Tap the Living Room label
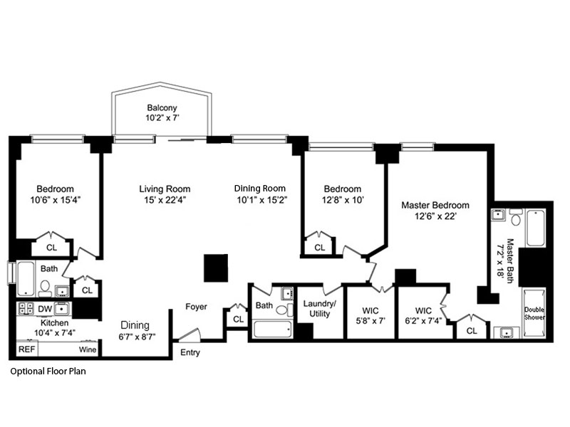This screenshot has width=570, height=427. (x=165, y=189)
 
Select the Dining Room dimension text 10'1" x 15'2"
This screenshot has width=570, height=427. (x=260, y=200)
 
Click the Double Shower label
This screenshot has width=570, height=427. (x=534, y=313)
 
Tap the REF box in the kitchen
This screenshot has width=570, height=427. (x=26, y=349)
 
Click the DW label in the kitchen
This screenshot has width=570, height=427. (x=43, y=309)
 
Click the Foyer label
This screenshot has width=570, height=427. (x=196, y=307)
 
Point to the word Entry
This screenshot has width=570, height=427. (x=190, y=352)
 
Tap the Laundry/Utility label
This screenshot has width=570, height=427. (x=319, y=308)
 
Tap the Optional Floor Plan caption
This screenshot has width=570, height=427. (x=48, y=371)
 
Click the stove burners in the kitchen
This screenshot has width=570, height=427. (x=26, y=309)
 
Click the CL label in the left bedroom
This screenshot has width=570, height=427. (x=51, y=248)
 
